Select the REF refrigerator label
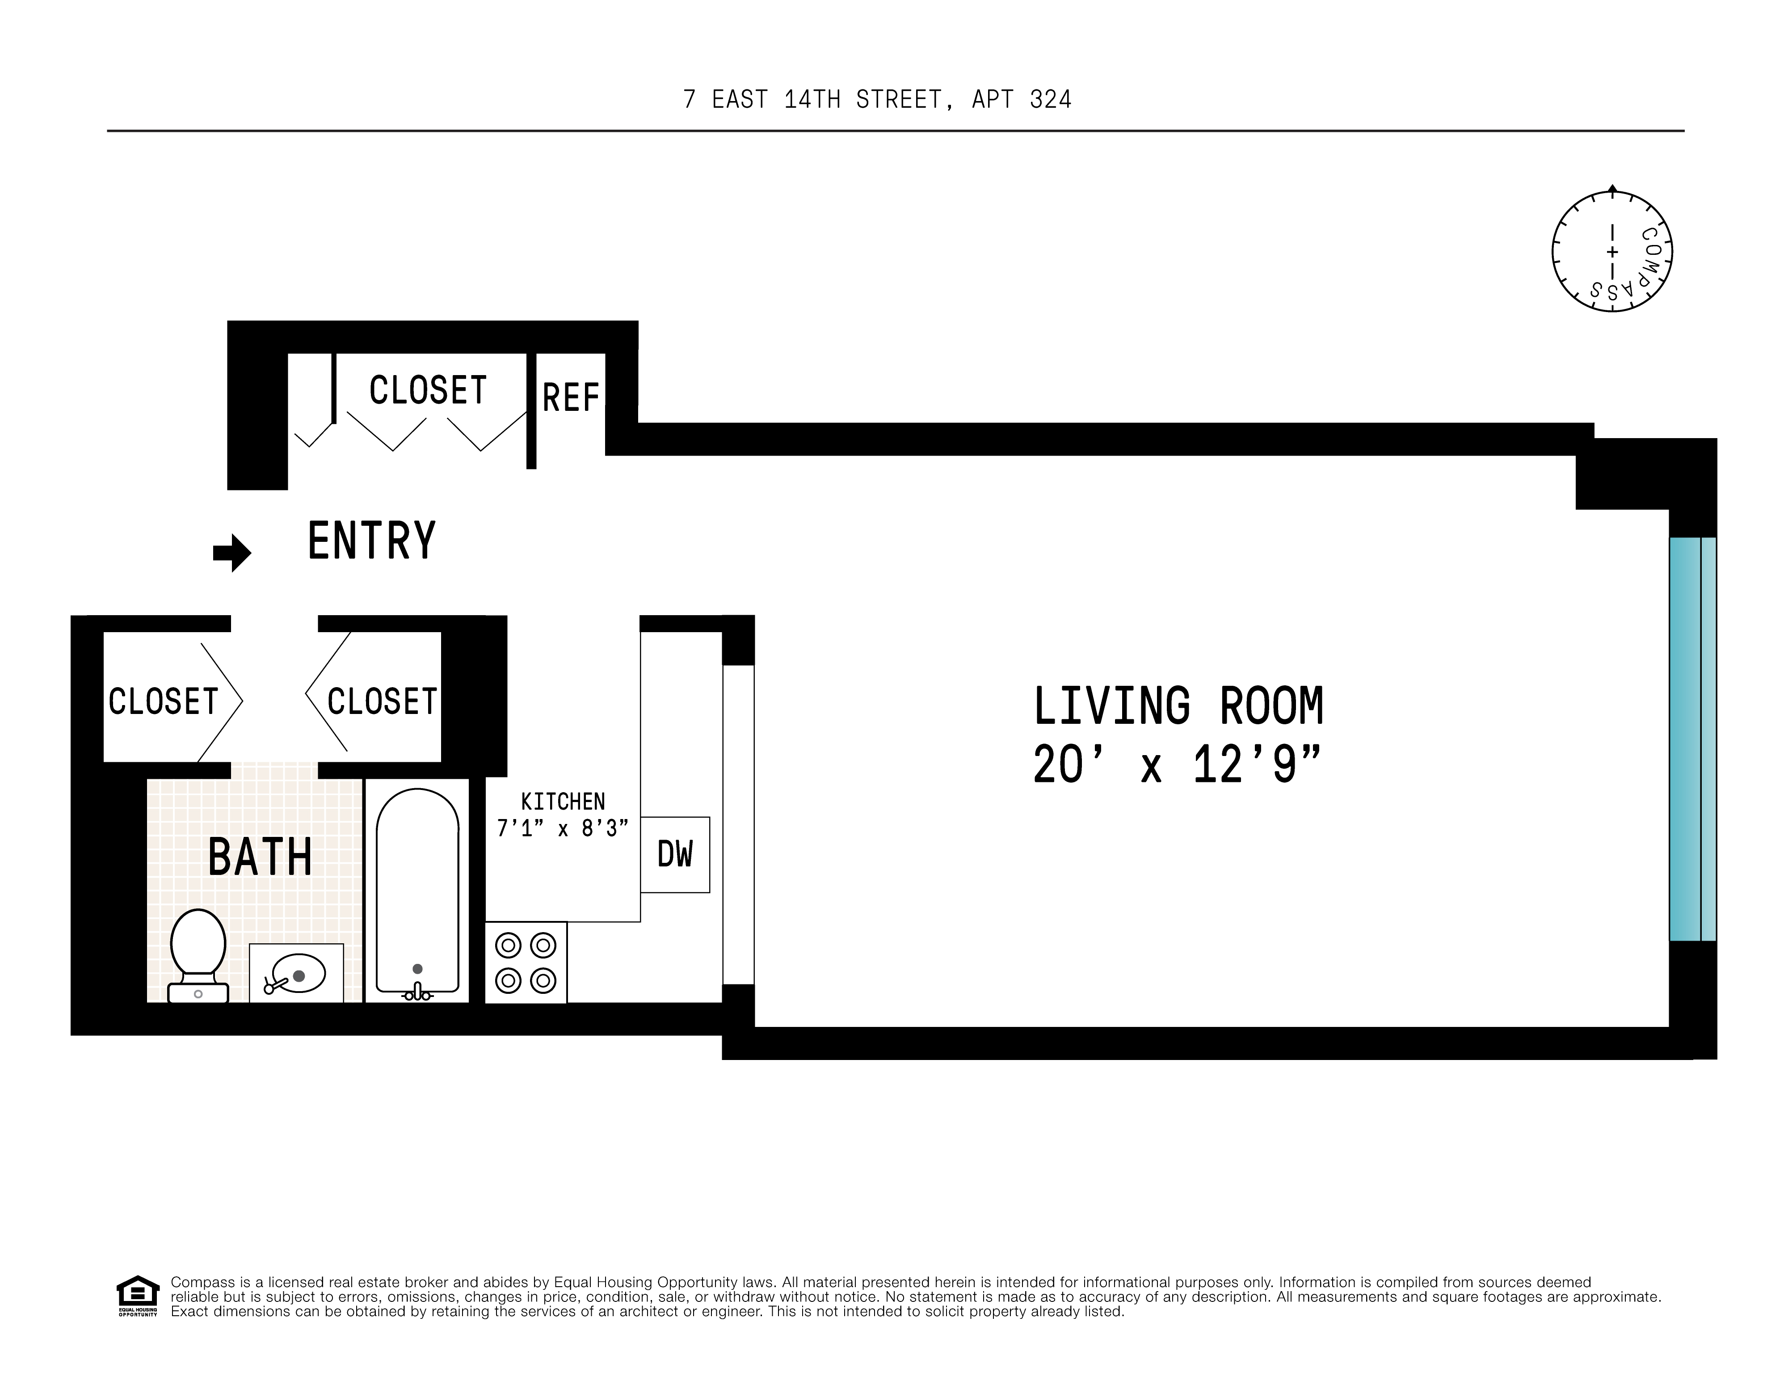tap(571, 398)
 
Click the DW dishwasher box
tap(675, 854)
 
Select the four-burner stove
tap(526, 963)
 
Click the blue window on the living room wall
tap(1692, 739)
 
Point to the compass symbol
tap(1611, 251)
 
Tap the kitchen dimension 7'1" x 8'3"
tap(563, 829)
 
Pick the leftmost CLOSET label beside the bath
tap(164, 702)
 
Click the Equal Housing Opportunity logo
tap(138, 1295)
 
